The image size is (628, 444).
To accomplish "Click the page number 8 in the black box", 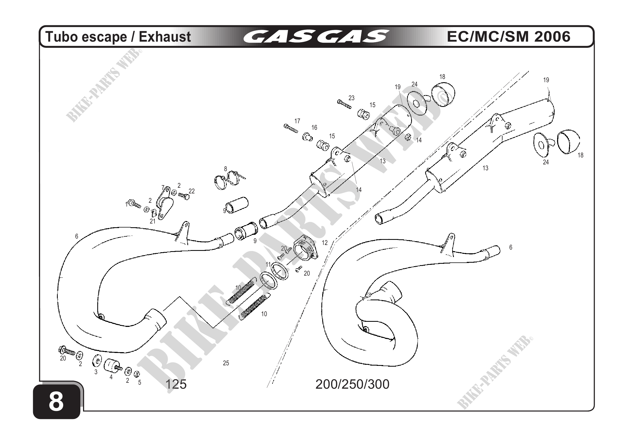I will click(56, 402).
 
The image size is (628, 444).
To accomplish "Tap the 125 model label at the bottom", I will click(176, 384).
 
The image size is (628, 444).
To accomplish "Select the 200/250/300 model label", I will click(352, 384).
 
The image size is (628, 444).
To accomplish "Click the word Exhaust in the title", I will click(165, 37).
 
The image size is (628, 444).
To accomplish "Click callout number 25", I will click(226, 363).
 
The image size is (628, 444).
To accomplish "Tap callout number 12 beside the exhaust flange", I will click(325, 243).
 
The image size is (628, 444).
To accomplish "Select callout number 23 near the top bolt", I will click(351, 98).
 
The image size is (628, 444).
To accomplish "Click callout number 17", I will click(297, 121).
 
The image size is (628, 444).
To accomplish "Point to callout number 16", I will click(314, 127).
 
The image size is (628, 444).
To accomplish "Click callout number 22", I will click(192, 191).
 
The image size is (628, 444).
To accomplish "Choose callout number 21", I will click(152, 221).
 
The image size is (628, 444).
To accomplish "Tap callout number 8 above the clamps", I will click(226, 169).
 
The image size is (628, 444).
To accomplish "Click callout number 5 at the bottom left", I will click(139, 382).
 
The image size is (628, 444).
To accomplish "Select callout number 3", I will click(96, 372).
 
